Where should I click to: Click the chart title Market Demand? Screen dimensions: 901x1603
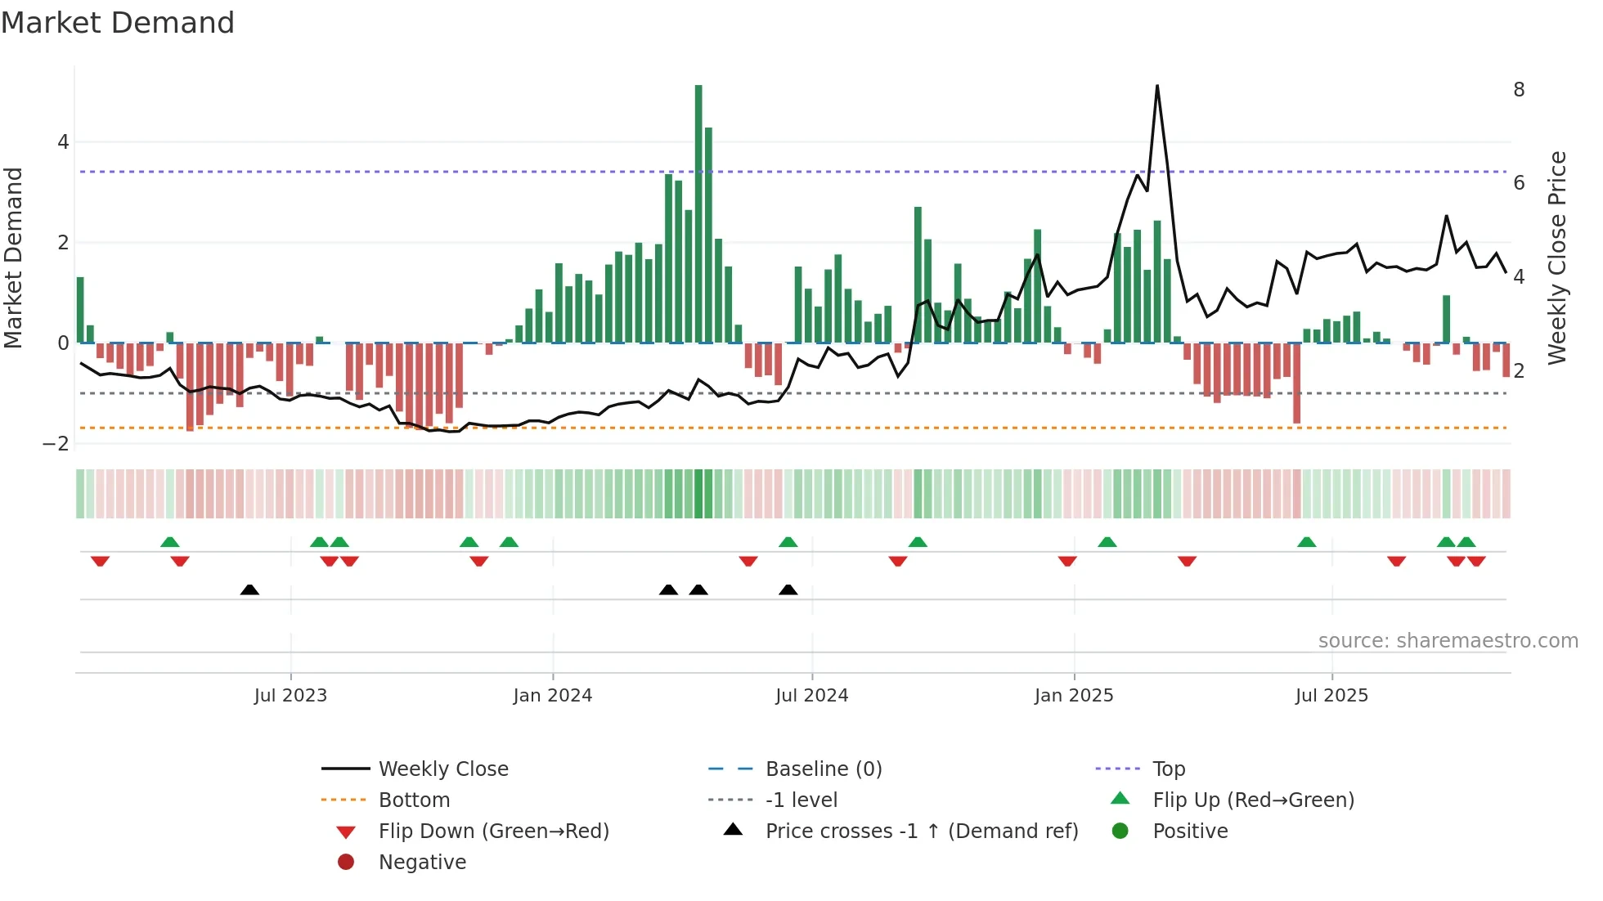118,23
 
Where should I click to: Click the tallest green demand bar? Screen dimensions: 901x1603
698,213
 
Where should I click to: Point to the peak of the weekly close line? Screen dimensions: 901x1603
1157,86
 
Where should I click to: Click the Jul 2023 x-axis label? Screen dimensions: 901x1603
290,696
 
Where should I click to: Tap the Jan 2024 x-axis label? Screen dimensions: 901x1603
553,696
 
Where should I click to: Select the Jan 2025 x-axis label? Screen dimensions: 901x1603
1074,696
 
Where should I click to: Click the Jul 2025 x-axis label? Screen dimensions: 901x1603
1331,696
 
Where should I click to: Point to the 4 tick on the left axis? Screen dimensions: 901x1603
63,142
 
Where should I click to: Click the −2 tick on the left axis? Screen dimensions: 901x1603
56,444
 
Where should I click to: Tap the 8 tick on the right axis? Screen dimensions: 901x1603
1519,90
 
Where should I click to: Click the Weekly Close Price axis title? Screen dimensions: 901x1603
1558,258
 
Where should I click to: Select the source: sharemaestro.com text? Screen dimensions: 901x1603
1448,641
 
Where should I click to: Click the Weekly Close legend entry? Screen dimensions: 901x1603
443,769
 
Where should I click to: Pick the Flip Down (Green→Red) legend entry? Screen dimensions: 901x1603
493,832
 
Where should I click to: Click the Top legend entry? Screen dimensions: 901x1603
1169,769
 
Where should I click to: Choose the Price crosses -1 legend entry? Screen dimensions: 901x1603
921,832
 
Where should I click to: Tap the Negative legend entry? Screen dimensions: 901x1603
422,863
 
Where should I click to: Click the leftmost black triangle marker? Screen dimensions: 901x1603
249,590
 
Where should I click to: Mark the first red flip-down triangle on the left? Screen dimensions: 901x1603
100,561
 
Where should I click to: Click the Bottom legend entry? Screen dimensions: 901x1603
414,800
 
